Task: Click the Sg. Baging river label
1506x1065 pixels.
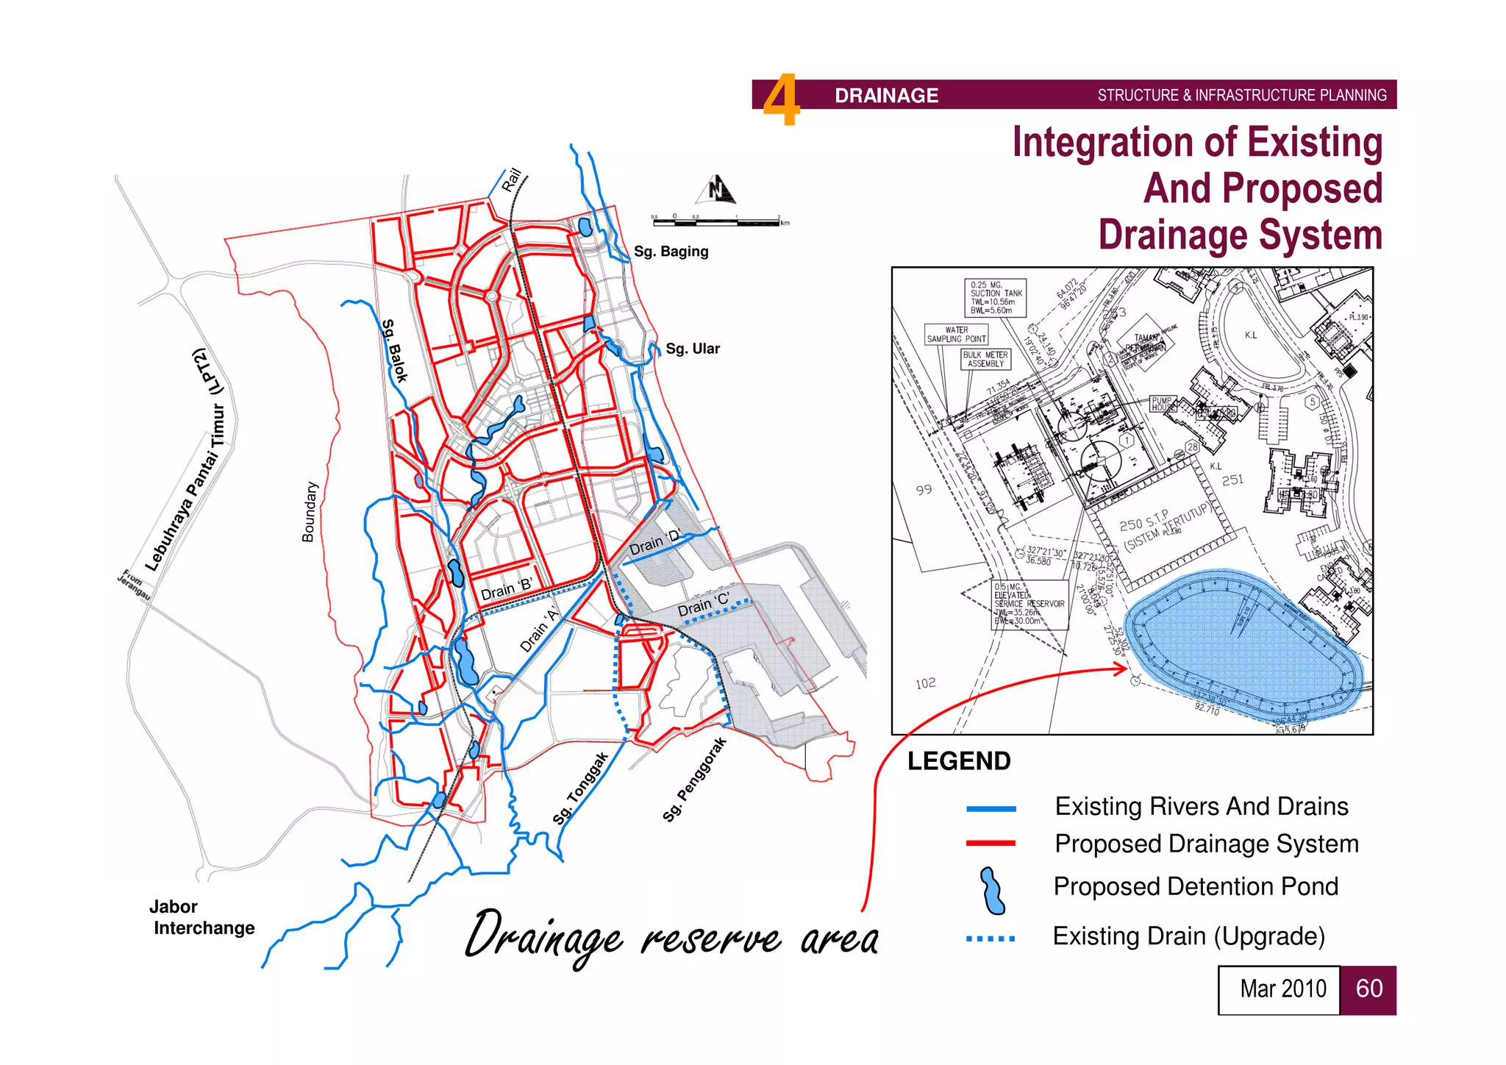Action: point(671,252)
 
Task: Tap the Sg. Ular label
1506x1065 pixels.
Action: point(692,349)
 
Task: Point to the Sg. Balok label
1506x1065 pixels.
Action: point(394,351)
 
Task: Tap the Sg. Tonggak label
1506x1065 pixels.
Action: point(581,788)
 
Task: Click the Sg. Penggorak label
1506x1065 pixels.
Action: point(694,779)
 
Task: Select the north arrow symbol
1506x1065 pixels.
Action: point(716,190)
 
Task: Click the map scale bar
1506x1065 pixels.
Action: point(717,220)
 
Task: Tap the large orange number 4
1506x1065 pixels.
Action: point(781,99)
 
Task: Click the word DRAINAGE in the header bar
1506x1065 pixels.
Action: point(886,96)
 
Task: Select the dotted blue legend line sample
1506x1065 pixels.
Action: point(991,938)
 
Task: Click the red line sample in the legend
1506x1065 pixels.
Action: point(991,844)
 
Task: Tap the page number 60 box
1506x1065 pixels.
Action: point(1368,989)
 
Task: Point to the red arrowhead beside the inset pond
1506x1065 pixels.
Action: point(1120,669)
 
